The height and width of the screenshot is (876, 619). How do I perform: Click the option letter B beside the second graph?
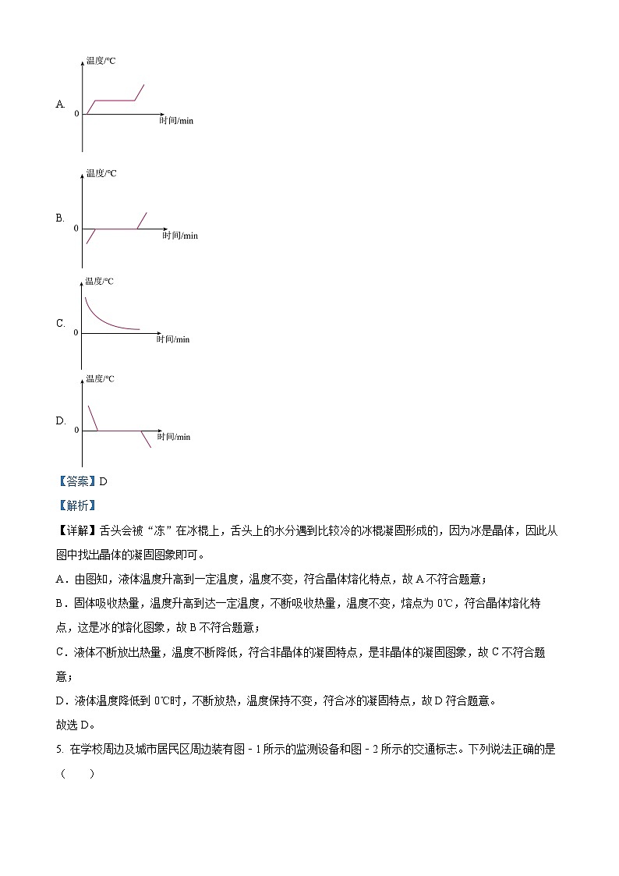coord(59,218)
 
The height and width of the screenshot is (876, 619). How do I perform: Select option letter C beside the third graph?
coord(60,323)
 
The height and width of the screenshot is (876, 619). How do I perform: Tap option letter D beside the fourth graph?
coord(60,421)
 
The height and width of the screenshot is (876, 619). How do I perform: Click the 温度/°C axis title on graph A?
coord(101,60)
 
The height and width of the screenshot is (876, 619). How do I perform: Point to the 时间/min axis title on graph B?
coord(180,236)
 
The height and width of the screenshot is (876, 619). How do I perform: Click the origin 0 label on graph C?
coord(76,333)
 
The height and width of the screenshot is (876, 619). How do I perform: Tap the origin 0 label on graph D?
coord(76,431)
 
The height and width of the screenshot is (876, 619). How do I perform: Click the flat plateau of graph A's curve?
coord(115,100)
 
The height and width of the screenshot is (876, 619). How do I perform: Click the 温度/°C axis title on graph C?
coord(99,282)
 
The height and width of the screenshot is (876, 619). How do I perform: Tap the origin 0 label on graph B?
coord(76,229)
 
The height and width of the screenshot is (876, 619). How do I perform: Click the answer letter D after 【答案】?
coord(103,481)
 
